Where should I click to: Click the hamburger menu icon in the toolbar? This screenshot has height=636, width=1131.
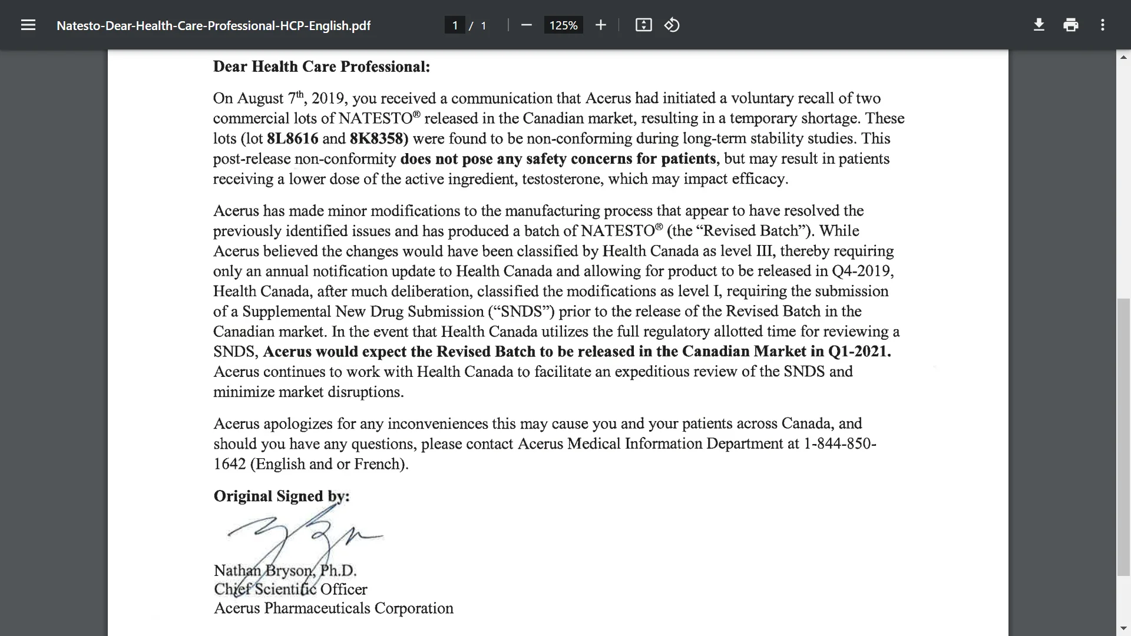coord(28,25)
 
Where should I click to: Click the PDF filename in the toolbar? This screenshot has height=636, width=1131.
coord(213,26)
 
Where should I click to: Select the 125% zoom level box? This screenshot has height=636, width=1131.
coord(563,25)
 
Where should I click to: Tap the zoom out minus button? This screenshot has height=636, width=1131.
coord(527,25)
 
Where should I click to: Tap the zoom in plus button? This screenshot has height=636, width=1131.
coord(600,25)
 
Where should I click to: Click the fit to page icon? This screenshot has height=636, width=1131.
coord(643,25)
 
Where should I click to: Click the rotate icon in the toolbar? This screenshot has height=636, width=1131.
coord(672,25)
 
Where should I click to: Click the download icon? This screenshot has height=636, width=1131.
coord(1039,25)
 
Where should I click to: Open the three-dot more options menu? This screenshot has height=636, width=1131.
coord(1103,25)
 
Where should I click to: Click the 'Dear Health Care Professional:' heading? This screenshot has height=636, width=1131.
coord(322,67)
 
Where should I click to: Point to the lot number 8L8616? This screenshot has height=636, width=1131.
coord(292,138)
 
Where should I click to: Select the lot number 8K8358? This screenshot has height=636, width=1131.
coord(377,138)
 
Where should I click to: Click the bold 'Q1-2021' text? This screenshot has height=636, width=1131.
coord(859,352)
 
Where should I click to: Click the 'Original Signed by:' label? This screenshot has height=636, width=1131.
coord(282,496)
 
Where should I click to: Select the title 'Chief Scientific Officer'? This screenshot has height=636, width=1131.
coord(290,589)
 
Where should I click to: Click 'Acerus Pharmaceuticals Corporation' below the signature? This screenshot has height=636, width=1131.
coord(333,608)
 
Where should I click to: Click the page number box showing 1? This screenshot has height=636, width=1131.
coord(455,25)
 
